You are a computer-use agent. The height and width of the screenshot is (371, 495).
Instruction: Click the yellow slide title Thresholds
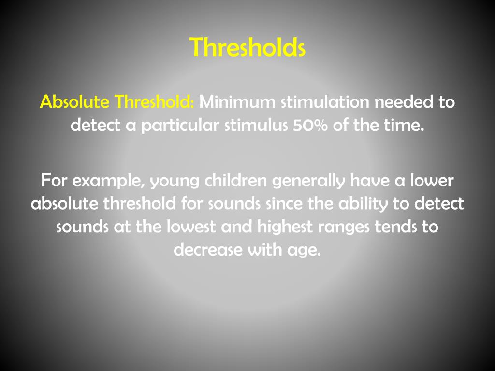(x=247, y=47)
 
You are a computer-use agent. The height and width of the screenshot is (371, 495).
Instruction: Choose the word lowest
(x=189, y=227)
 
